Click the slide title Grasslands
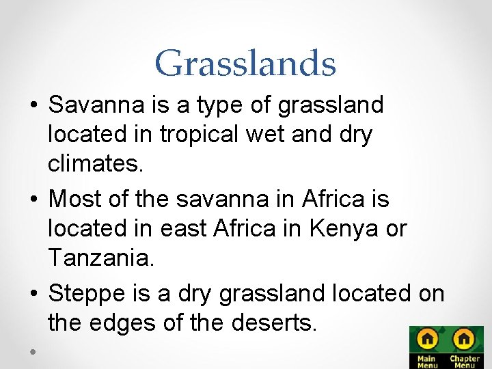pyautogui.click(x=245, y=63)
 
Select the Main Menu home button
pyautogui.click(x=428, y=346)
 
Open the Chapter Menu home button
pyautogui.click(x=464, y=346)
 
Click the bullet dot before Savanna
pyautogui.click(x=33, y=106)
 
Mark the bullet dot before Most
pyautogui.click(x=33, y=200)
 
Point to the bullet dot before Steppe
pyautogui.click(x=33, y=294)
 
